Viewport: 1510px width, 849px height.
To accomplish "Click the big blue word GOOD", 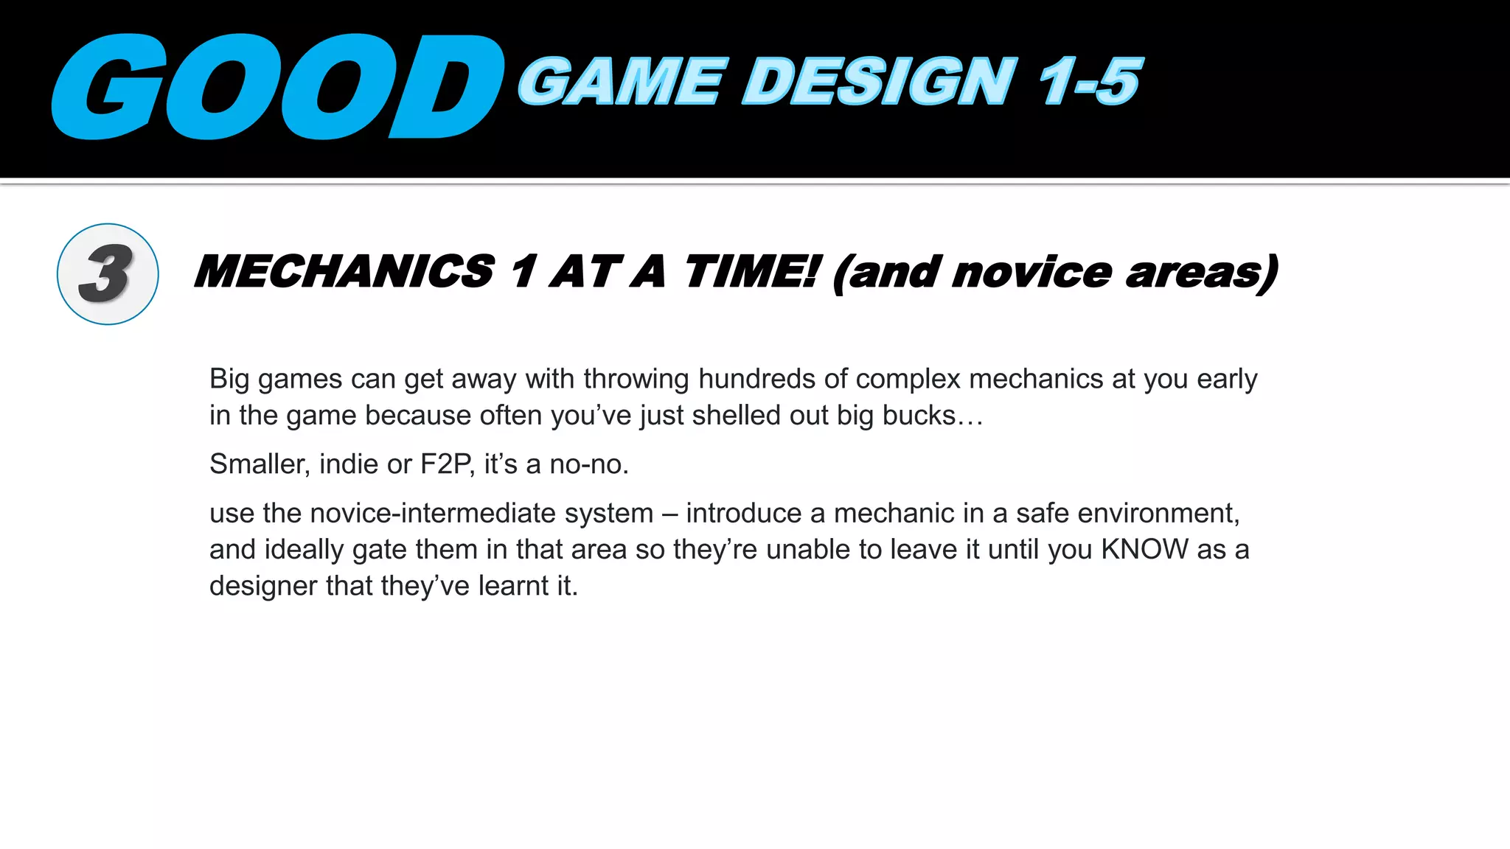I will pyautogui.click(x=276, y=86).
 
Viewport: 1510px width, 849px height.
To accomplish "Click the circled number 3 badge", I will pyautogui.click(x=108, y=274).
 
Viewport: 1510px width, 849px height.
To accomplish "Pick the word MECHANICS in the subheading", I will pyautogui.click(x=344, y=271).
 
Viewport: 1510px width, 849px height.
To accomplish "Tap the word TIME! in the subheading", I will pyautogui.click(x=751, y=271).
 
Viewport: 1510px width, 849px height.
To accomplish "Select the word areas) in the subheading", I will pyautogui.click(x=1202, y=273).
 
